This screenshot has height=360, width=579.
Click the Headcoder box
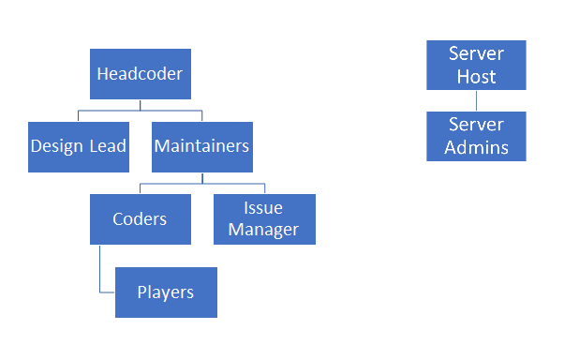pos(141,74)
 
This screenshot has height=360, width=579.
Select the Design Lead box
pos(79,146)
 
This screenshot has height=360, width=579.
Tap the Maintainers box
pos(201,146)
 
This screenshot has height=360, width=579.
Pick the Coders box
pos(141,219)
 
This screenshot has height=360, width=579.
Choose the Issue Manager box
pos(264,219)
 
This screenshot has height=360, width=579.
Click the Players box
pos(166,292)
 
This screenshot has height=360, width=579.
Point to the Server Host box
pos(476,65)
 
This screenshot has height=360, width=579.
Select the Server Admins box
pos(476,136)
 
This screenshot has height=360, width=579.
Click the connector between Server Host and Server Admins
pos(476,100)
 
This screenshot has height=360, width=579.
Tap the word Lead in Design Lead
pos(108,146)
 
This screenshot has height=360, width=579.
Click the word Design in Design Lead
pos(58,146)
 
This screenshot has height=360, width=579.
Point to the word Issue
pos(264,208)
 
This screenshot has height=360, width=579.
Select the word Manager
pos(264,230)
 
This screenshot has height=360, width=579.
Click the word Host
pos(476,76)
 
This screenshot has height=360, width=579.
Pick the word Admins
pos(476,147)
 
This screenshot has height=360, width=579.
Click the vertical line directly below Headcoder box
pos(141,105)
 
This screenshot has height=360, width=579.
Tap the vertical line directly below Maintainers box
pos(201,178)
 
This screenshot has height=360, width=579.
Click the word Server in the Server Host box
pos(476,53)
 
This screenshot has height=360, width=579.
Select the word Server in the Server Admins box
pos(476,125)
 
